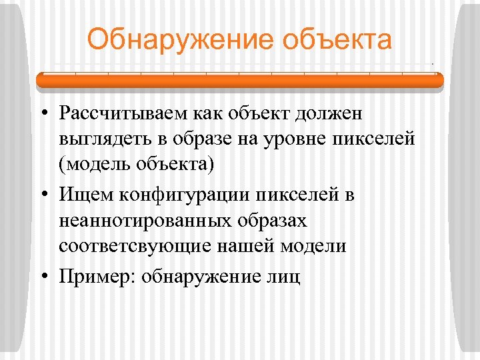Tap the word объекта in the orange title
[337, 39]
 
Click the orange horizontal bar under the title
[239, 81]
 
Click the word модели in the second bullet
[313, 245]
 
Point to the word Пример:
[96, 276]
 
